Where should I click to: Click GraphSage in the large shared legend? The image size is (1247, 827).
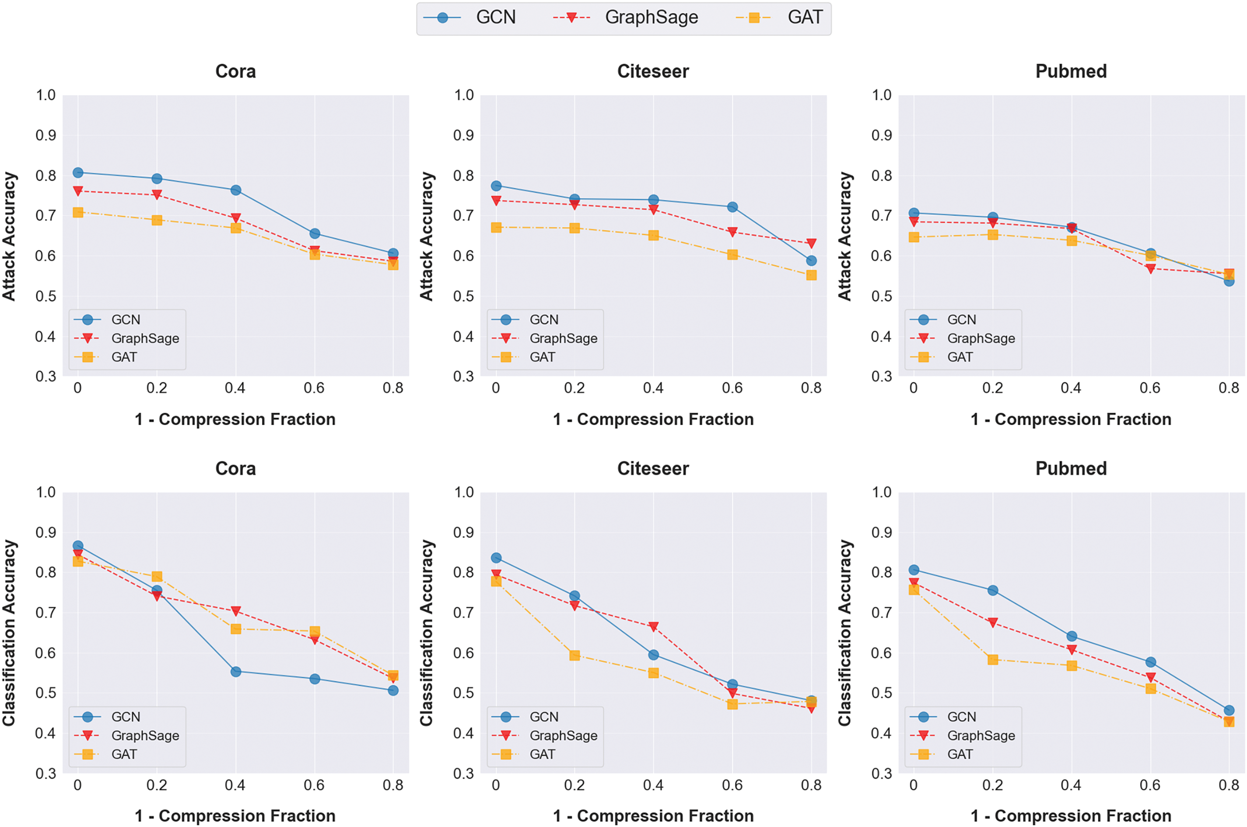click(651, 18)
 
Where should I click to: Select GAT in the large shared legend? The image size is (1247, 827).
click(804, 18)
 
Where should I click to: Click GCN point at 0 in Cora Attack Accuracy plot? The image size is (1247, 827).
click(78, 172)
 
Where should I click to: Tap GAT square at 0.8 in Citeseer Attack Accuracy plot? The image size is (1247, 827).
click(811, 275)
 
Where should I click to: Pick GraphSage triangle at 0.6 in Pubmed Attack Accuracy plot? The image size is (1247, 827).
click(1151, 269)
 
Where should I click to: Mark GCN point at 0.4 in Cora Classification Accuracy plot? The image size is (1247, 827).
click(235, 672)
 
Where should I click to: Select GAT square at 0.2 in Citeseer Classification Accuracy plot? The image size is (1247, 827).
click(574, 655)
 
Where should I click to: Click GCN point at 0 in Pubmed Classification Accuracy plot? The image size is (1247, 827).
click(914, 570)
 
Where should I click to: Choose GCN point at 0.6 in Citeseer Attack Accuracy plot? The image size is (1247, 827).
click(732, 207)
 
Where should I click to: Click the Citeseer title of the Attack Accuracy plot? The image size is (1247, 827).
click(653, 71)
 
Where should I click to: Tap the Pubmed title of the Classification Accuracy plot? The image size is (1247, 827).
click(1071, 468)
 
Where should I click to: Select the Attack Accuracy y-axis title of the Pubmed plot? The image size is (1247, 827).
click(845, 236)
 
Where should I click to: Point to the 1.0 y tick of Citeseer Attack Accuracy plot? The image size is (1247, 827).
click(464, 95)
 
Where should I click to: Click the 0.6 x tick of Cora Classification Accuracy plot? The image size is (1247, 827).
click(314, 785)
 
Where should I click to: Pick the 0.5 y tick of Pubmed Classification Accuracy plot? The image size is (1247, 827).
click(881, 693)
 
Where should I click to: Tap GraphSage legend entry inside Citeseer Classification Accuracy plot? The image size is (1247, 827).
click(563, 735)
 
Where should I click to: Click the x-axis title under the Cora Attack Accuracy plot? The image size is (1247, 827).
click(235, 419)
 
